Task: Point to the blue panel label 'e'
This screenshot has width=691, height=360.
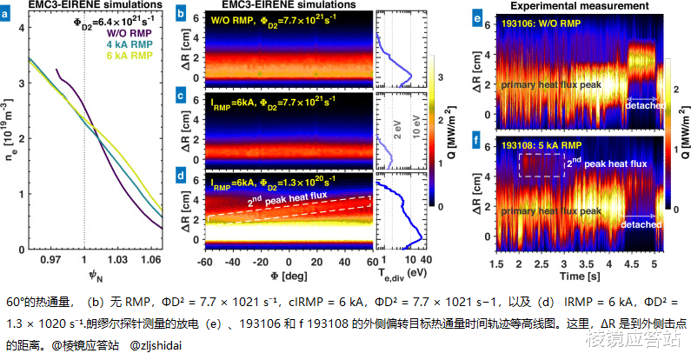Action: pyautogui.click(x=478, y=16)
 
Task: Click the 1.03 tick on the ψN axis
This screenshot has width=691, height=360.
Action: pyautogui.click(x=117, y=260)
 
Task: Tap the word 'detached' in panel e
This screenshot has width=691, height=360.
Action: pyautogui.click(x=644, y=105)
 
